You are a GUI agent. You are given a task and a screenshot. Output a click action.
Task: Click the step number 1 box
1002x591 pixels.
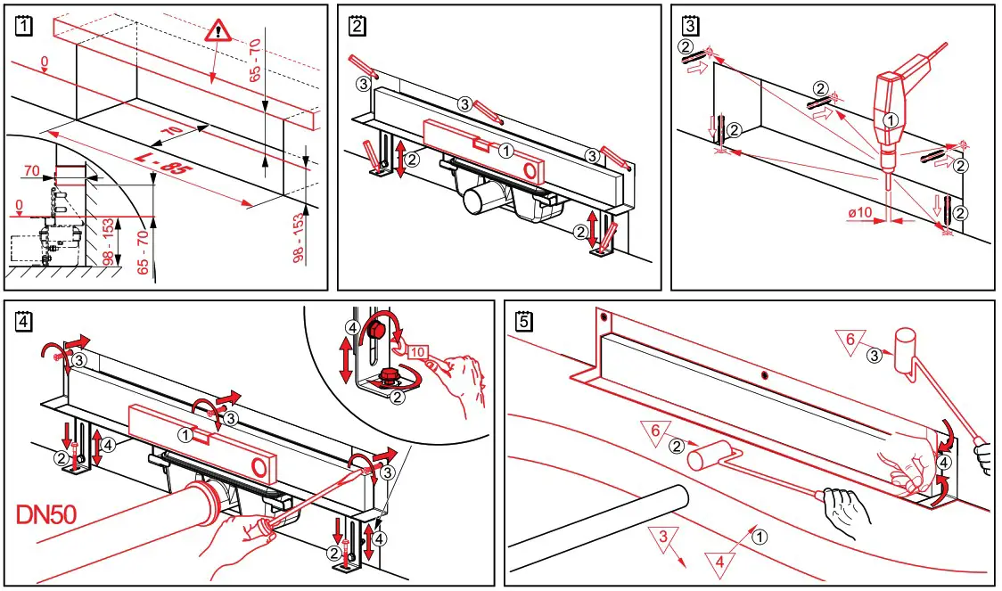(x=24, y=27)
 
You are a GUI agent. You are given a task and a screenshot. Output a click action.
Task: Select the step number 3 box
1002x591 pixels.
(x=689, y=27)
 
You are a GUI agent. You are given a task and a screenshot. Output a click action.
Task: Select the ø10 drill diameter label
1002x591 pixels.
(x=860, y=214)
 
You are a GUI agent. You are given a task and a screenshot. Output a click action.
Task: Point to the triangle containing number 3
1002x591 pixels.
(x=661, y=538)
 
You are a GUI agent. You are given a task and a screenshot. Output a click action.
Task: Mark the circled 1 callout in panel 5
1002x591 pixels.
(x=758, y=537)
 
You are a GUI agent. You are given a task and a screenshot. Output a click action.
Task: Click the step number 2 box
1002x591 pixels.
(x=357, y=27)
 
